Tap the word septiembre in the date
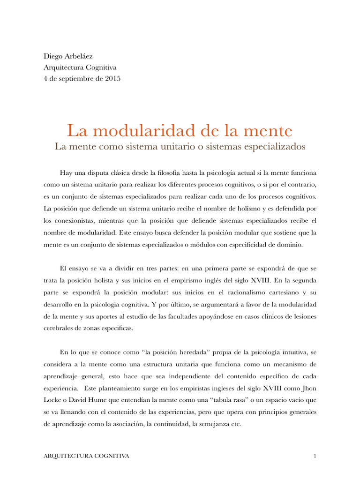click(x=81, y=79)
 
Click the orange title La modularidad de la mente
click(x=180, y=130)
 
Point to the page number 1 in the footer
click(x=315, y=456)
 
